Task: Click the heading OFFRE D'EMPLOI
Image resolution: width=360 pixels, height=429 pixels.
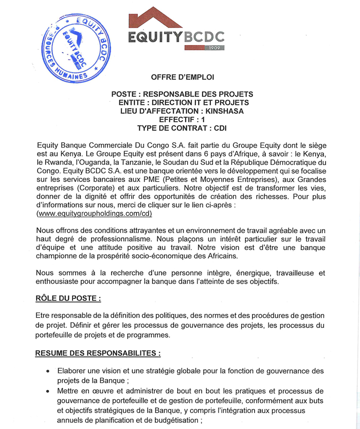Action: [182, 77]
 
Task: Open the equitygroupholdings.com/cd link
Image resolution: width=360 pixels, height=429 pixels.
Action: [94, 212]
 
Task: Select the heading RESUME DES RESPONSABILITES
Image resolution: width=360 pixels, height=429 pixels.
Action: [98, 353]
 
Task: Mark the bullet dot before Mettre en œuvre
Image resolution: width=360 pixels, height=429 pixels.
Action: [48, 391]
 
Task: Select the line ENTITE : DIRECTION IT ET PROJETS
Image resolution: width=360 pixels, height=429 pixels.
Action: [182, 102]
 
